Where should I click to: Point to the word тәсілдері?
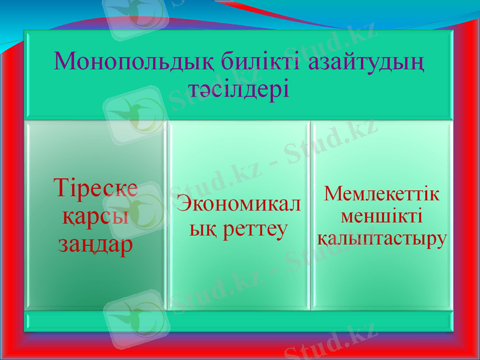239,90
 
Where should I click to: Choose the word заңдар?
95,245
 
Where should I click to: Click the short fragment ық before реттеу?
200,229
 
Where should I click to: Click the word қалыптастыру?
381,238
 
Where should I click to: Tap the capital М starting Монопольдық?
64,61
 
